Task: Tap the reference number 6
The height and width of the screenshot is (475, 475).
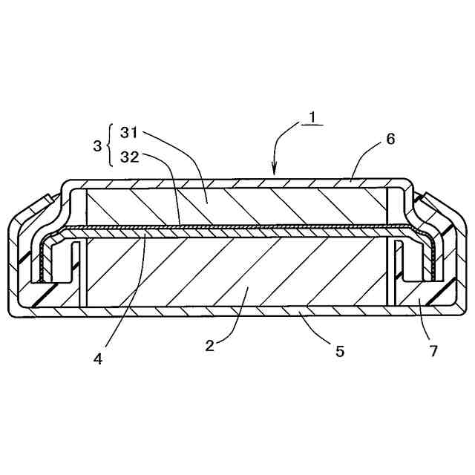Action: coord(390,139)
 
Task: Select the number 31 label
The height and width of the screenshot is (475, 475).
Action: coord(128,134)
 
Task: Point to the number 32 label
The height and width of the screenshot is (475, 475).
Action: coord(128,157)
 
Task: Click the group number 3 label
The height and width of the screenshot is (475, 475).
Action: coord(97,145)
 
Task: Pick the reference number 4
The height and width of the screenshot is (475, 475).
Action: coord(98,358)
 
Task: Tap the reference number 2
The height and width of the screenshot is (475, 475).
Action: coord(210,345)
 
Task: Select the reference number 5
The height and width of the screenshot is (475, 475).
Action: coord(340,351)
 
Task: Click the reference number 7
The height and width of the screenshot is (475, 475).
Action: coord(434,351)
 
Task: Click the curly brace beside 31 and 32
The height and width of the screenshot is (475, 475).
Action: coord(111,145)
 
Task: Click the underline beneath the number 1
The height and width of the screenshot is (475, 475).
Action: coord(312,125)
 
